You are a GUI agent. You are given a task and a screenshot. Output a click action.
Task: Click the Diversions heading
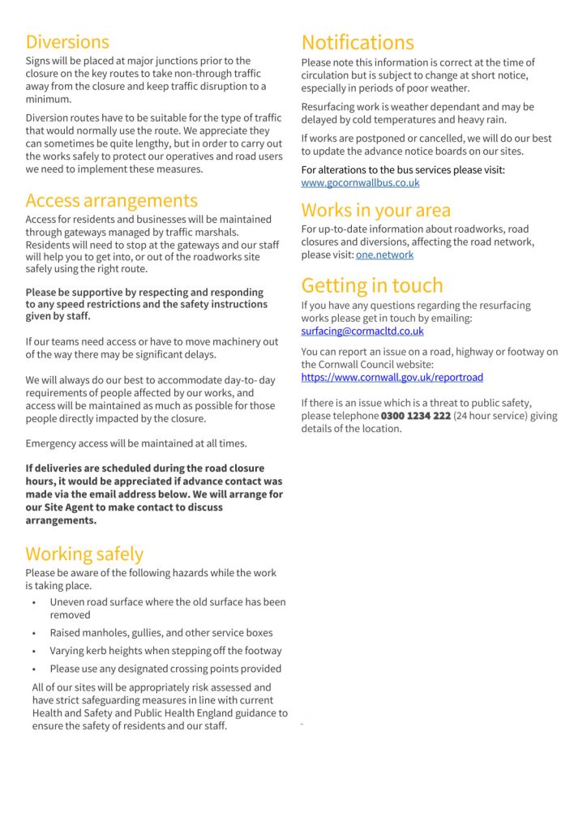pos(67,41)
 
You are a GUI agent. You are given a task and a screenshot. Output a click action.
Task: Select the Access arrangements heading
pos(111,200)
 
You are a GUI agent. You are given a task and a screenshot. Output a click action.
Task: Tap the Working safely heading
pos(84,554)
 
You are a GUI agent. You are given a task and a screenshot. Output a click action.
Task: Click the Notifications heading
pos(358,42)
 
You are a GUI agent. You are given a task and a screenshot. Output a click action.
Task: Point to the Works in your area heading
pos(376,210)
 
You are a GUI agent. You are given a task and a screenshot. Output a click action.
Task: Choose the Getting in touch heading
pos(372,285)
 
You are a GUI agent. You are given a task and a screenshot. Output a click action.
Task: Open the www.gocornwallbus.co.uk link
pos(360,183)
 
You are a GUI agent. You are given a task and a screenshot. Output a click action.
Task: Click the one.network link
pos(384,255)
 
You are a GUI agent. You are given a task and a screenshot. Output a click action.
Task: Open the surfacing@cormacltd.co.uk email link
pos(362,331)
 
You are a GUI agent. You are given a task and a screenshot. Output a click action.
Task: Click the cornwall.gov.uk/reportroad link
pos(392,377)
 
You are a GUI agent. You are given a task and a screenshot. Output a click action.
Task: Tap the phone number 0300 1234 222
pos(415,416)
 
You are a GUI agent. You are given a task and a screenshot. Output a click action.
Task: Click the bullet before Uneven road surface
pos(34,603)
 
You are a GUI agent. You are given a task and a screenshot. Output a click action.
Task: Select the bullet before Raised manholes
pos(34,633)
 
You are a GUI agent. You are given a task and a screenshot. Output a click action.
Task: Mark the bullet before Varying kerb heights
pos(34,651)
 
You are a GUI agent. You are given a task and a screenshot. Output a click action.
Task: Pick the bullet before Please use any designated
pos(34,670)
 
